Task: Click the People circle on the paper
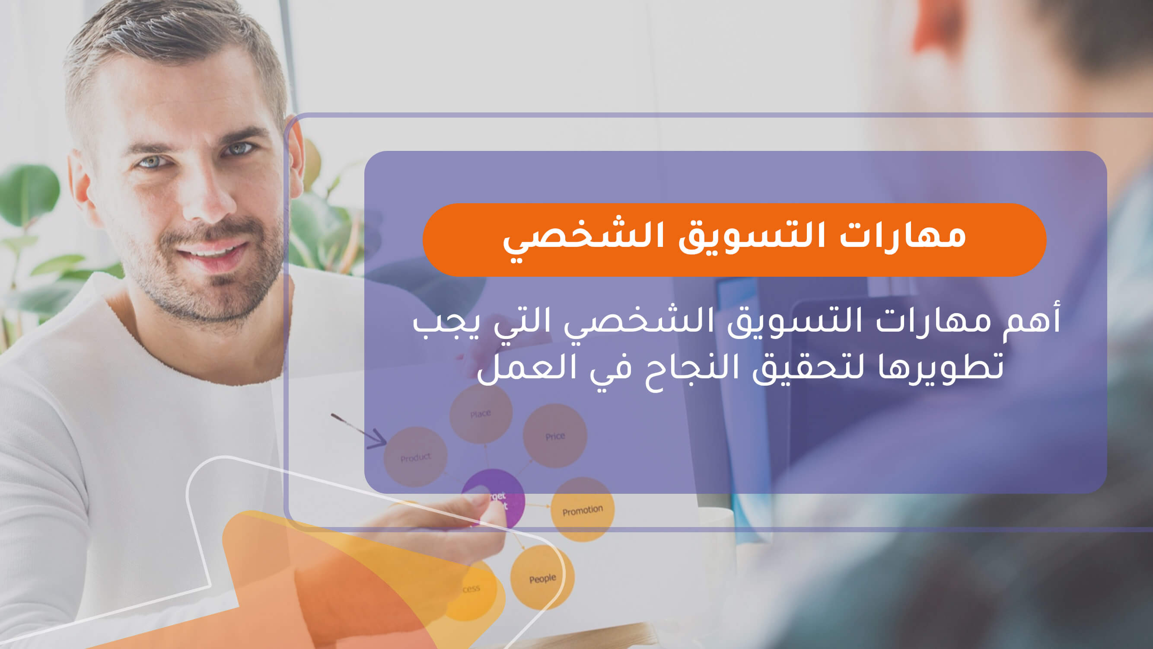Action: coord(541,578)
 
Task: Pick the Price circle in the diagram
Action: coord(555,436)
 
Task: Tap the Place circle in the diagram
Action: coord(480,413)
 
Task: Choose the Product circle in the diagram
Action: coord(415,457)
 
